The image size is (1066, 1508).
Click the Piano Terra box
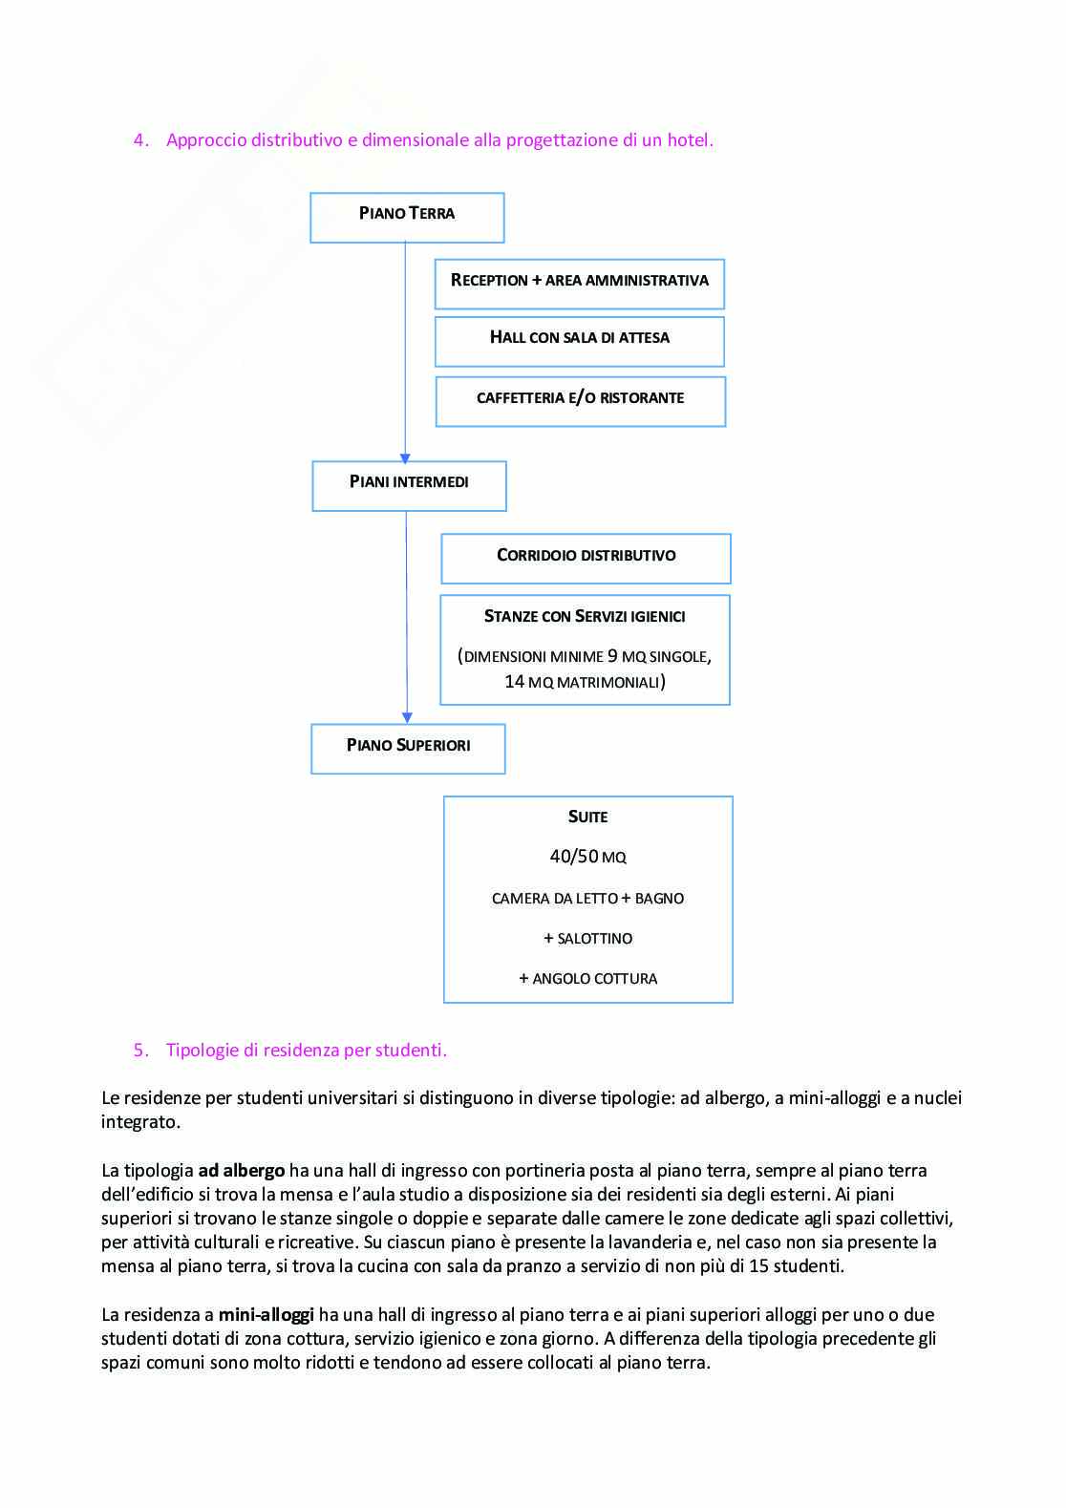click(x=407, y=217)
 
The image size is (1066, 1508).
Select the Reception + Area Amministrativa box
click(x=579, y=284)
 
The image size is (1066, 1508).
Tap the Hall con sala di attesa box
click(x=579, y=341)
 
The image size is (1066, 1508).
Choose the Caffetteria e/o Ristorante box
click(x=580, y=401)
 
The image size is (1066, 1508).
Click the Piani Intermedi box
click(x=409, y=485)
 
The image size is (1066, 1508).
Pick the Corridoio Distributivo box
click(x=586, y=558)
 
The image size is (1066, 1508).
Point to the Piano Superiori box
click(x=408, y=748)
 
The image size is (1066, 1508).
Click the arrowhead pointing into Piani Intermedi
click(x=405, y=458)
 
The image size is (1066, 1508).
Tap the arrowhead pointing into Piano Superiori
click(x=407, y=717)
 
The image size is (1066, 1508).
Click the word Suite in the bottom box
click(x=587, y=817)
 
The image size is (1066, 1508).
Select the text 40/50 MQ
click(x=587, y=857)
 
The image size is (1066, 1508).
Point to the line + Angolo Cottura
click(x=587, y=978)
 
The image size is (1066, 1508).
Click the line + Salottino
click(x=587, y=938)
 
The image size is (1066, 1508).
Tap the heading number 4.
click(x=140, y=140)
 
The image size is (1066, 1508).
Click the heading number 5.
click(x=140, y=1051)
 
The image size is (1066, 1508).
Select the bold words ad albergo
click(x=242, y=1171)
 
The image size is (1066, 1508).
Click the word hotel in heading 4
click(x=688, y=140)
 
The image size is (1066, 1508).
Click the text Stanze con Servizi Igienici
click(x=585, y=617)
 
